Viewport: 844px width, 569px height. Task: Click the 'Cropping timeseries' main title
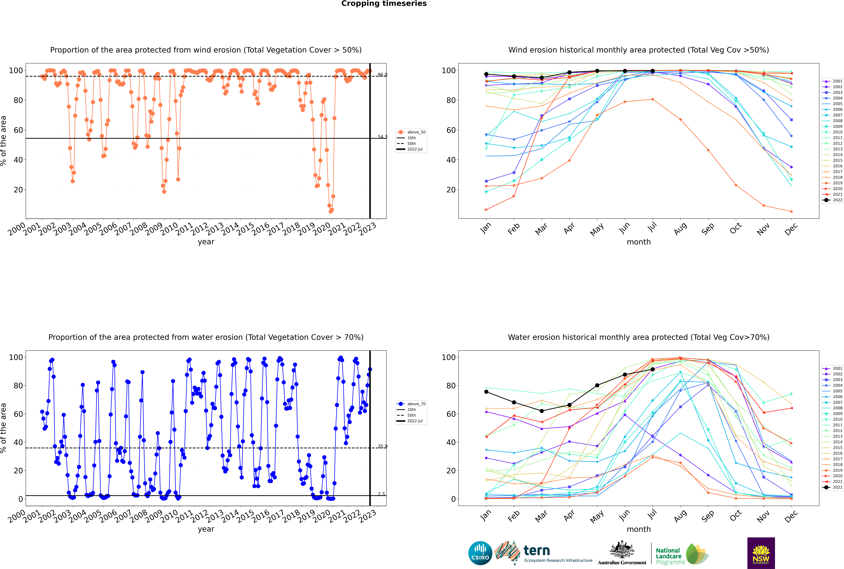[384, 4]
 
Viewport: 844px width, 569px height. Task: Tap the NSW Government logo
[761, 553]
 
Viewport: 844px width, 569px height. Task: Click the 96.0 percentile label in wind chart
[382, 75]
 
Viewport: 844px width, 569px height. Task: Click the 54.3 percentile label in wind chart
[382, 137]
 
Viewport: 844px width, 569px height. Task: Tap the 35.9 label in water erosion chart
[382, 446]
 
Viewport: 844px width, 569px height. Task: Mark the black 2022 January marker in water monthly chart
[486, 392]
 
